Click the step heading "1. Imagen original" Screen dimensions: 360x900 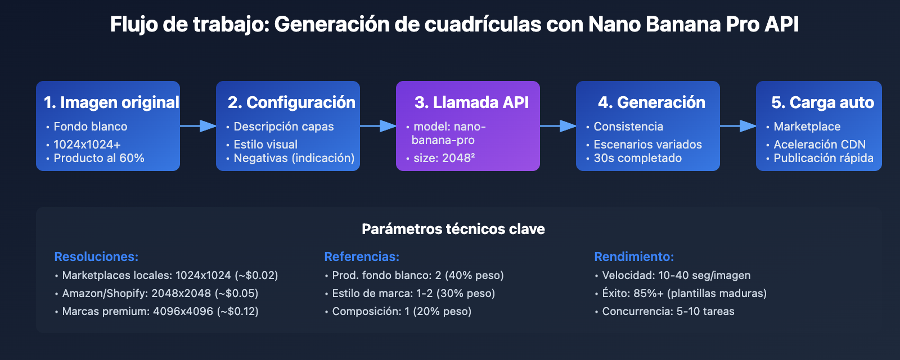coord(111,102)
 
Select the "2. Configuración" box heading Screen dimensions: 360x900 coord(291,102)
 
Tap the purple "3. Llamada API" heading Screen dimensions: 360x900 coord(471,102)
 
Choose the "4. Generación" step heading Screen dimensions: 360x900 coord(651,102)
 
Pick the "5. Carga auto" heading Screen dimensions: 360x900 coord(822,102)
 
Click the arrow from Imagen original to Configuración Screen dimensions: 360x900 coord(198,126)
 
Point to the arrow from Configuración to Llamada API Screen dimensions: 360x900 coord(378,126)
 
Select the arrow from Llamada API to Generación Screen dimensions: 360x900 coord(558,126)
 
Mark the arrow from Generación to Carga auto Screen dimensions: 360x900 coord(738,126)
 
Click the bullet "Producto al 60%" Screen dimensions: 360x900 coord(99,158)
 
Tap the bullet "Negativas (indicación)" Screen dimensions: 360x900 coord(294,158)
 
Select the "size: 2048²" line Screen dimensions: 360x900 coord(444,158)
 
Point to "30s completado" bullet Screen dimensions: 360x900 coord(637,158)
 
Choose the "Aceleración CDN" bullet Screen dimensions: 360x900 coord(819,145)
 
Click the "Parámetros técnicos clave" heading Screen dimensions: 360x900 coord(453,229)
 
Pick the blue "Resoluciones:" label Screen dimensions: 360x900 coord(96,256)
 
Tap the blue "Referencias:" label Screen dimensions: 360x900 coord(362,256)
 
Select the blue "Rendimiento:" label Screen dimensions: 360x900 coord(634,256)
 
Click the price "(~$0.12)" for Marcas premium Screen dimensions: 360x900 coord(237,311)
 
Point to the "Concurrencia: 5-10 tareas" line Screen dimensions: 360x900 coord(668,311)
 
